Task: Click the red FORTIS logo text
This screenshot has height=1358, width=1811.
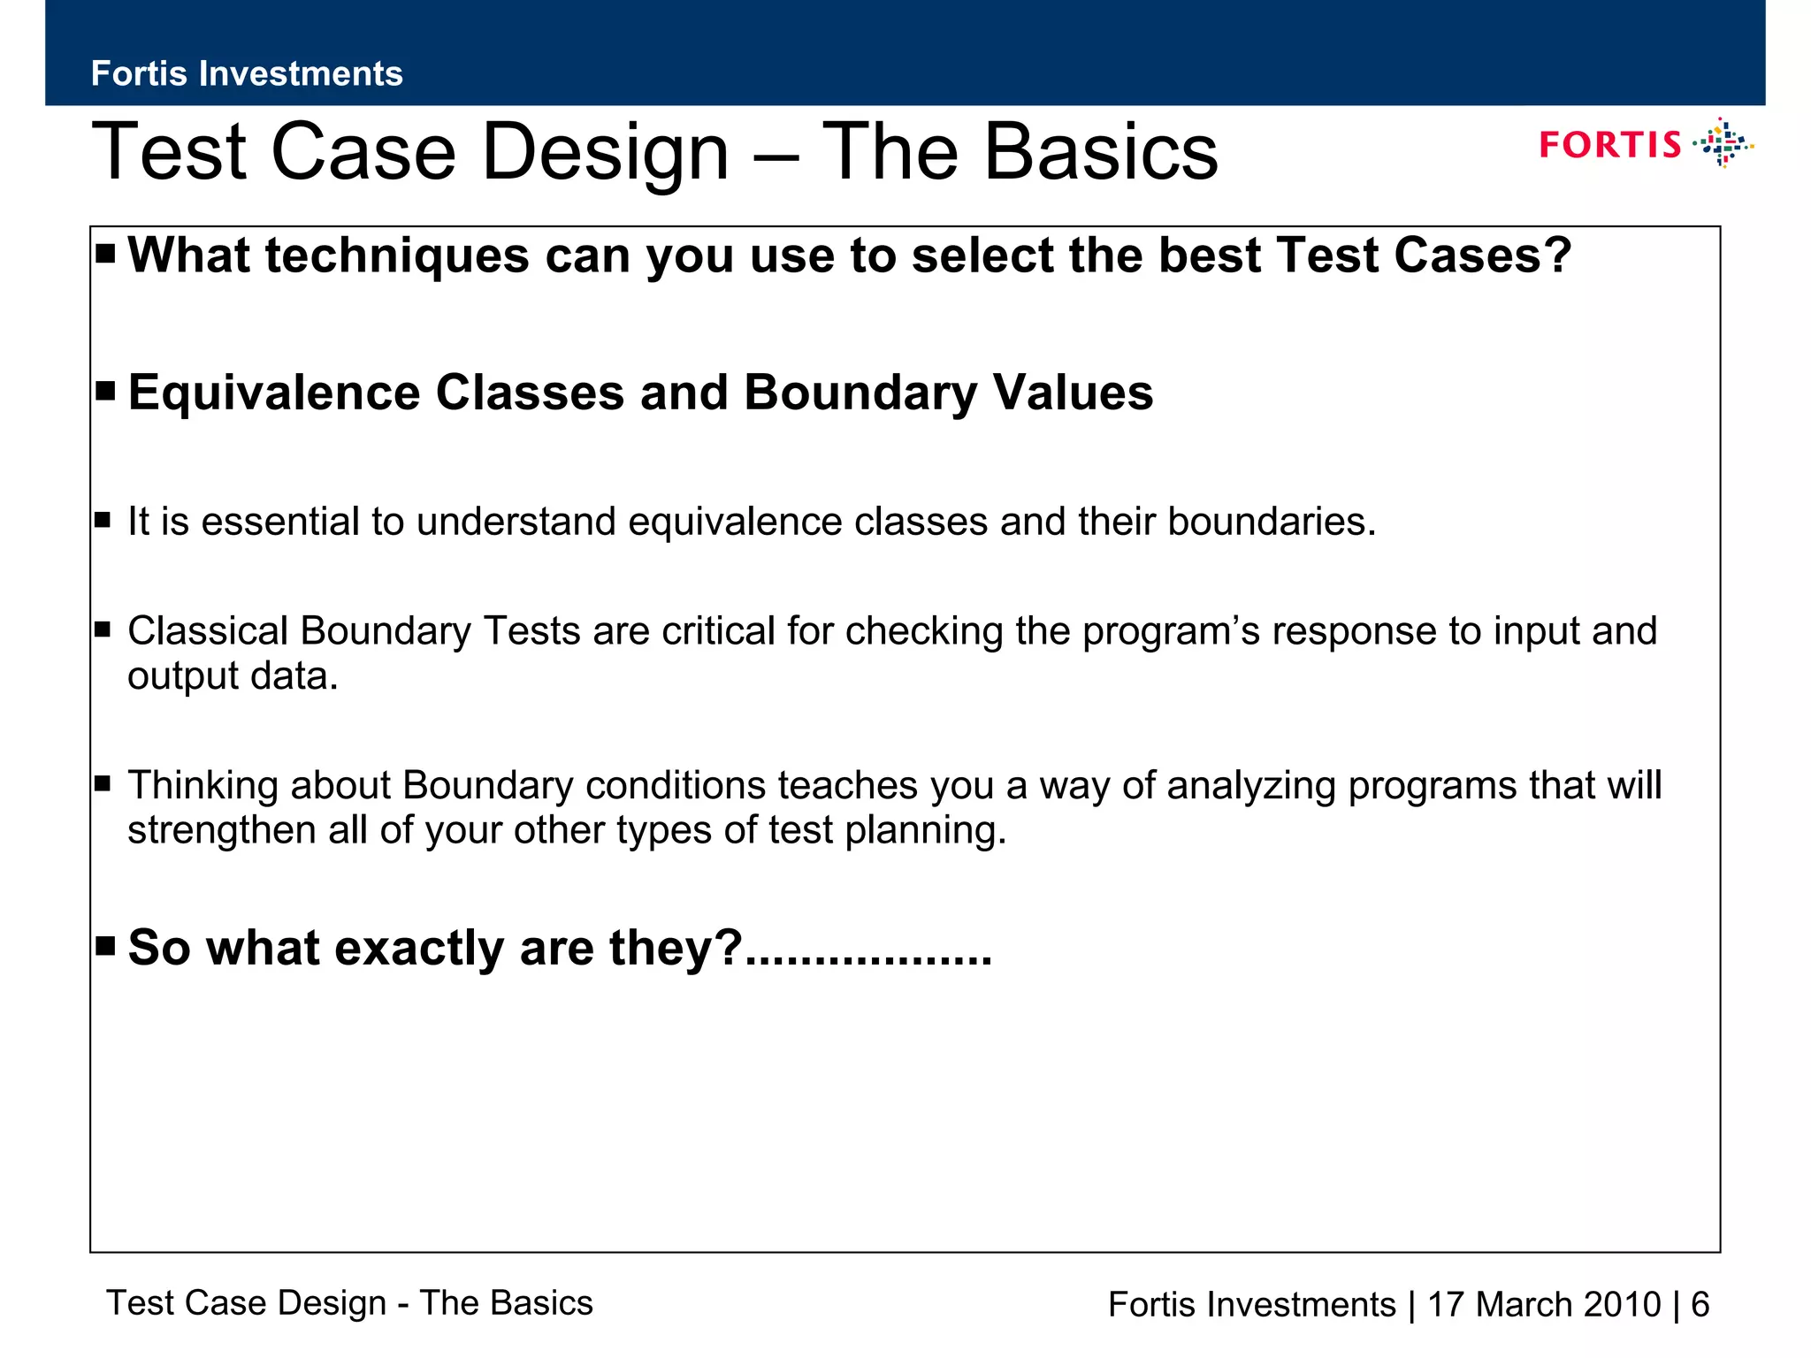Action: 1609,145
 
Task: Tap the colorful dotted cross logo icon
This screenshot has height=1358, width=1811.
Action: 1723,143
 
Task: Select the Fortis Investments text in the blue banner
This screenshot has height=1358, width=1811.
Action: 247,73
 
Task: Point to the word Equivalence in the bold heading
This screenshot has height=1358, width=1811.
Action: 274,393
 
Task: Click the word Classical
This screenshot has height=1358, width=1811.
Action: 208,631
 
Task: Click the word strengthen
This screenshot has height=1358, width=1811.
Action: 220,830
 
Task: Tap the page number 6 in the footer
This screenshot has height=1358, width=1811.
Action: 1700,1305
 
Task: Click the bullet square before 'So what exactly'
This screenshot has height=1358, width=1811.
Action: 105,947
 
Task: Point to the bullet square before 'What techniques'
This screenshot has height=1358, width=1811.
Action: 105,255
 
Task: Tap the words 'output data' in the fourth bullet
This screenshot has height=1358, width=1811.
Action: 233,676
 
